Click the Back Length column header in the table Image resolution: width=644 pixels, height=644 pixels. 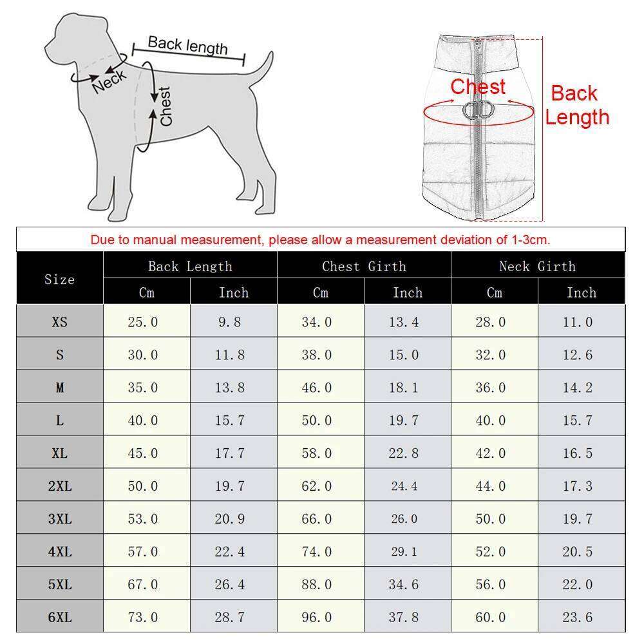point(190,266)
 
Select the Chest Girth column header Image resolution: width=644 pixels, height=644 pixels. point(364,266)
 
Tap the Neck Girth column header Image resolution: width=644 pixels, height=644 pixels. point(537,266)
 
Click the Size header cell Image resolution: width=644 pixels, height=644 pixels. point(59,279)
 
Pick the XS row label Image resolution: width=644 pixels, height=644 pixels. point(59,322)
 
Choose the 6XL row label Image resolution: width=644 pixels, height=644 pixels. point(59,618)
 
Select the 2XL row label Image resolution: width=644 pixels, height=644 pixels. point(59,486)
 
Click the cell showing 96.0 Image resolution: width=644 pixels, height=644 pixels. point(316,618)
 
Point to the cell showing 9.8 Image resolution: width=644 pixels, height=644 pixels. point(230,322)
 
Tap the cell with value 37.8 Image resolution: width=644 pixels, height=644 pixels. point(404,618)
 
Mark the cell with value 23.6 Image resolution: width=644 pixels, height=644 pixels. point(577,618)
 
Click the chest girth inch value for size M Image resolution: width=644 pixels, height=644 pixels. point(404,388)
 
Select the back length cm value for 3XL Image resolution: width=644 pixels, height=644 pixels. point(142,519)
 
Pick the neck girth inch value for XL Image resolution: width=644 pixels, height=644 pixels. point(577,453)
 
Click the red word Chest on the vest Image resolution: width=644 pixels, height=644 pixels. point(478,87)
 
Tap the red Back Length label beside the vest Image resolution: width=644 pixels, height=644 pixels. point(576,105)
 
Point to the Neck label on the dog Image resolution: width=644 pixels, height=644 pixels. point(109,82)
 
